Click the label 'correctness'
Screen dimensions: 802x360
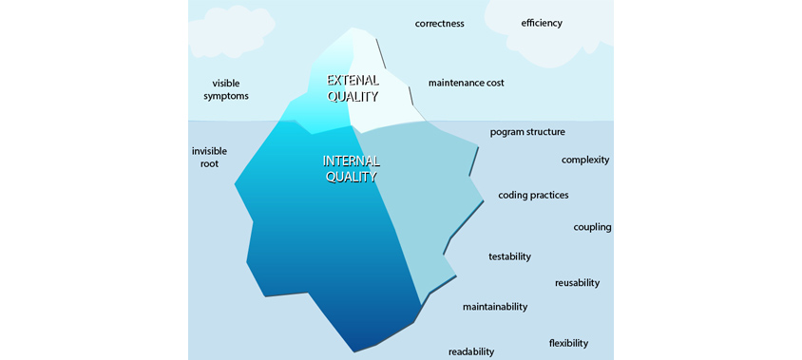(439, 24)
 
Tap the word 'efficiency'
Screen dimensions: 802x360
(542, 23)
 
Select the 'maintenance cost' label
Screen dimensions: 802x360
(466, 83)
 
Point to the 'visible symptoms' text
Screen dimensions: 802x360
(226, 89)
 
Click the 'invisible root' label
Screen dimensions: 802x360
(209, 158)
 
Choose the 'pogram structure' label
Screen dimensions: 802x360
(527, 132)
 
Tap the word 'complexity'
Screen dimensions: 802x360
(585, 161)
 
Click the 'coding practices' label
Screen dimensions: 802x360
(533, 196)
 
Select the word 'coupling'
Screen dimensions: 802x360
(592, 228)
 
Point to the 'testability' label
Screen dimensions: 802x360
(509, 256)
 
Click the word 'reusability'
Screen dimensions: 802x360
(577, 283)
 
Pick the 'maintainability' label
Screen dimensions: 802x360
(495, 308)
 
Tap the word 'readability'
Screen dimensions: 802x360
(471, 351)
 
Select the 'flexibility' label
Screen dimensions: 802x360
(568, 343)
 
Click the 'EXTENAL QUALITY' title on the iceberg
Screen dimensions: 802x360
(353, 88)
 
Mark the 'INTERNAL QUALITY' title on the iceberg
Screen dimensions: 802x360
(351, 169)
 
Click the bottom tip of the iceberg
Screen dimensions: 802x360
(354, 351)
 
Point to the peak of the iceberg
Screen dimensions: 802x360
(353, 28)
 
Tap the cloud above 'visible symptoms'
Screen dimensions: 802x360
(231, 31)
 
